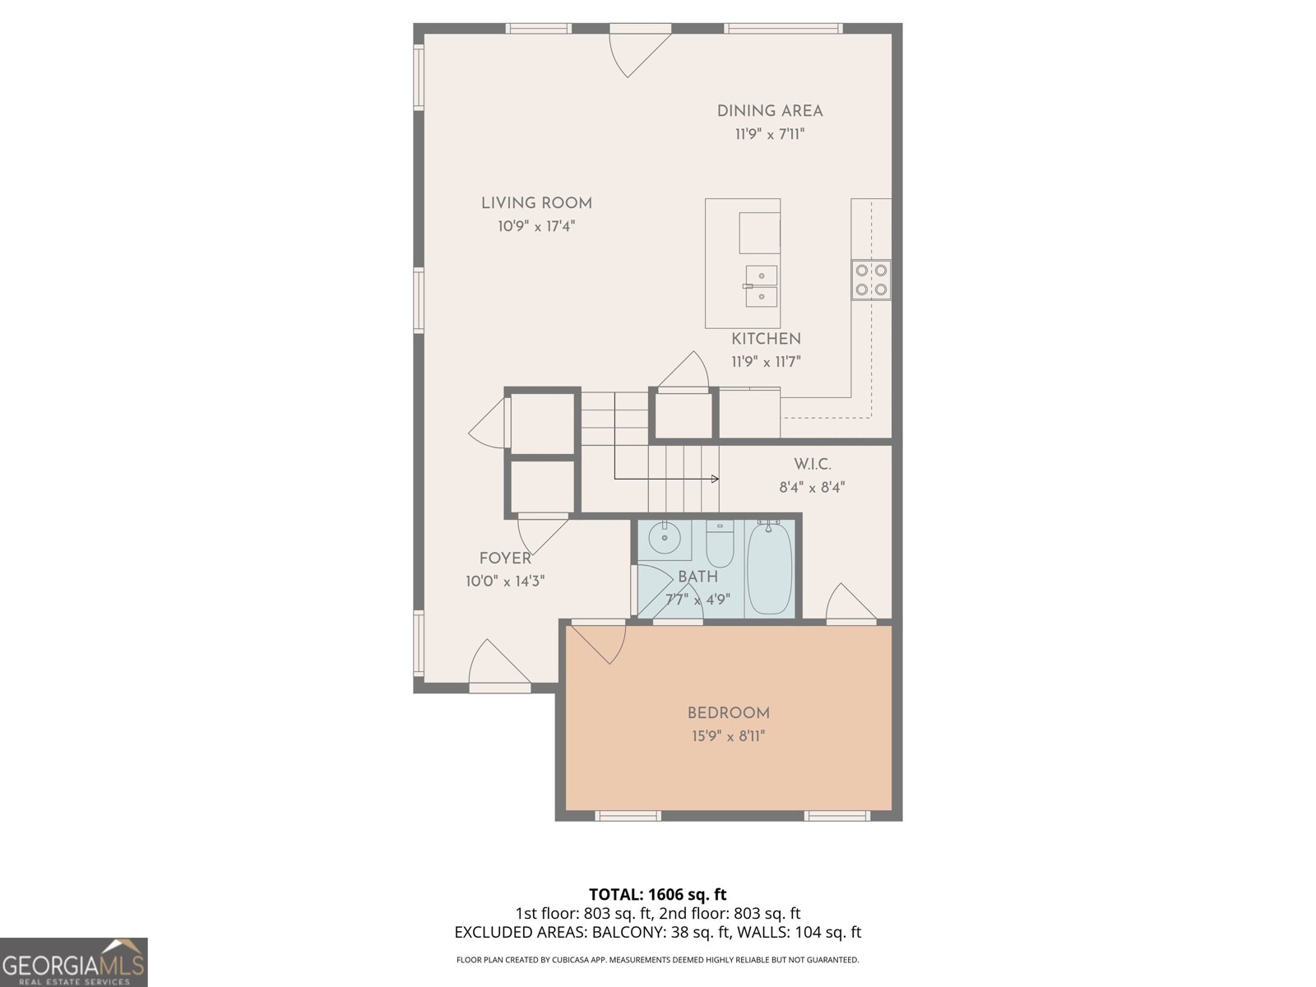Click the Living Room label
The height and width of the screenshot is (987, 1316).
(x=536, y=203)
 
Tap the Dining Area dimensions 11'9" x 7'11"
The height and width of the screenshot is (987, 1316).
(x=769, y=134)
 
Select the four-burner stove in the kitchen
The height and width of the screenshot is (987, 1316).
(x=871, y=279)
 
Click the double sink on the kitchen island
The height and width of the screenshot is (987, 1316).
(x=762, y=285)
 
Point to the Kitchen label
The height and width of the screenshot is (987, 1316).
(x=766, y=339)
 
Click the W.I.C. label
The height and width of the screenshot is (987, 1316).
(x=812, y=465)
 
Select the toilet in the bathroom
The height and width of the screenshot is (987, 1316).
(x=720, y=543)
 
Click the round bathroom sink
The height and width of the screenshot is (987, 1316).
(x=664, y=540)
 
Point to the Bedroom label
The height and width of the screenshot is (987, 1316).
(x=729, y=713)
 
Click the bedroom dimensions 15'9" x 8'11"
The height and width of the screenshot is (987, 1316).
(x=729, y=736)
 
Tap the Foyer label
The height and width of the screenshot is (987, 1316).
(x=505, y=558)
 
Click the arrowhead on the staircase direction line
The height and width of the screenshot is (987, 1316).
(x=715, y=479)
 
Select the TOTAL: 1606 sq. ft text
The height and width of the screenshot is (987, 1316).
(x=657, y=894)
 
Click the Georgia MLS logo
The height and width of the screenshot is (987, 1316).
(x=73, y=962)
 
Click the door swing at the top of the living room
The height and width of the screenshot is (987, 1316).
(x=635, y=51)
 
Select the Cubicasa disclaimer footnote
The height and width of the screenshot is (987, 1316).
(x=657, y=960)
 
